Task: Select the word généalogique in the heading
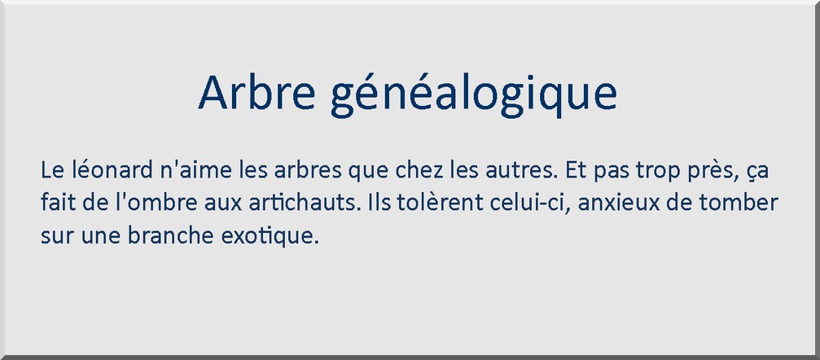pyautogui.click(x=474, y=95)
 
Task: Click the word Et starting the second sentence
pyautogui.click(x=574, y=171)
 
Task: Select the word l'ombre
pyautogui.click(x=151, y=203)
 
